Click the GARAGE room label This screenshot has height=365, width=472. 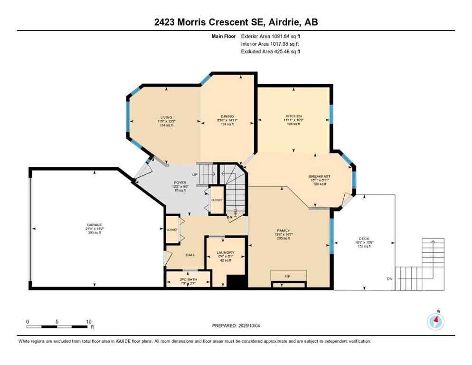pos(94,225)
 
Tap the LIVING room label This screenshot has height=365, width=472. pos(166,117)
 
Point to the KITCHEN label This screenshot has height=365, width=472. pos(293,116)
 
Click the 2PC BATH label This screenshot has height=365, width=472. pos(188,279)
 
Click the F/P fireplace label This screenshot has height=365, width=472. pos(288,275)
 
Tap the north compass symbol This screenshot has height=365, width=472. pos(435,321)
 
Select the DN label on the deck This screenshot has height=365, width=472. pos(389,279)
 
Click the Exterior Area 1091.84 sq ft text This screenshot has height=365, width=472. pos(271,36)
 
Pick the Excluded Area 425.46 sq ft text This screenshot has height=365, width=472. pos(271,51)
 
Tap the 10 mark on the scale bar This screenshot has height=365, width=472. pos(88,322)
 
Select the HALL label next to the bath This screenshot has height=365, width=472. pos(190,255)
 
